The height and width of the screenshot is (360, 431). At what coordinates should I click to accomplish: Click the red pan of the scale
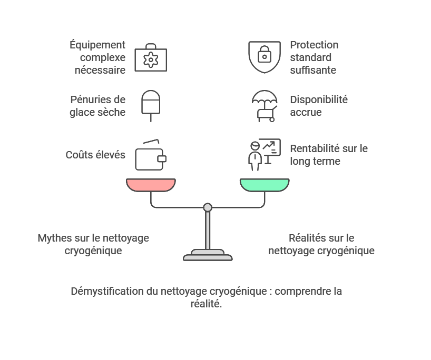coord(151,185)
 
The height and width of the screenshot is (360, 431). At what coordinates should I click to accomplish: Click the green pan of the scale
coord(265,185)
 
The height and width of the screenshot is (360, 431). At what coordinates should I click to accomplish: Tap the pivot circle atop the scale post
coord(208,207)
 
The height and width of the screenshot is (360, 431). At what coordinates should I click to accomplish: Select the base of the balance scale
coord(208,256)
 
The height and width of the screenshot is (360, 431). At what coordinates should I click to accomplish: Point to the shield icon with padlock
coord(265,56)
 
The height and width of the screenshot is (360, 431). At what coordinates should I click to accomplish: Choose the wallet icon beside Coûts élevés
coord(151,156)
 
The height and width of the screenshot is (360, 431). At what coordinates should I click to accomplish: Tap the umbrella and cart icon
coord(265,106)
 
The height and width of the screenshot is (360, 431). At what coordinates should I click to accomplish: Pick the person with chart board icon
coord(263,155)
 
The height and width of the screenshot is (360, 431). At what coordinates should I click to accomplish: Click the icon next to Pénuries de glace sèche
coord(151,105)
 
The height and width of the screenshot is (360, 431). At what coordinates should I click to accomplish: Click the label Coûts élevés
coord(95,155)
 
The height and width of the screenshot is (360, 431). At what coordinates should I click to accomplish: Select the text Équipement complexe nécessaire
coord(97,57)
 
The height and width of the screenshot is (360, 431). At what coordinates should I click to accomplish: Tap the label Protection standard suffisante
coord(314,57)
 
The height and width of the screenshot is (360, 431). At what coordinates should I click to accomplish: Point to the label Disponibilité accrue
coord(319,106)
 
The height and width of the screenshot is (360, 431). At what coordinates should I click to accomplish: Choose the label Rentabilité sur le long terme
coord(328,155)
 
